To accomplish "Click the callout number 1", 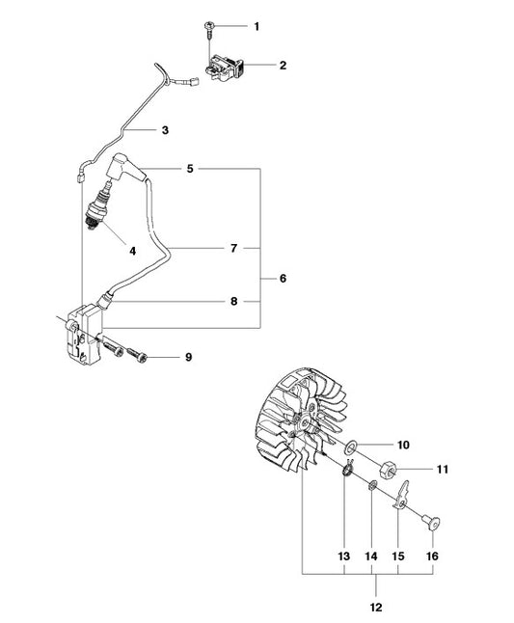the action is tap(257, 27).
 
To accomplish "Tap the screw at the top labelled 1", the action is tap(209, 30).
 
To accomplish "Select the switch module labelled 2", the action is tap(224, 68).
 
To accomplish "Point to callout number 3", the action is tap(165, 130).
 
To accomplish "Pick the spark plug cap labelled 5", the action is tap(126, 166).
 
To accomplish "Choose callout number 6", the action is tap(283, 278).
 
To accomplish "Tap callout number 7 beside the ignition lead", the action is tap(233, 248).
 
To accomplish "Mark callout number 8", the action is tap(234, 301).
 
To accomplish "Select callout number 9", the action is tap(189, 357).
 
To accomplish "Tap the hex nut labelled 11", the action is tap(388, 470).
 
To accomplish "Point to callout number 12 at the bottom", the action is tap(375, 608).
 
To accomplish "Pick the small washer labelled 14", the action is tap(372, 485).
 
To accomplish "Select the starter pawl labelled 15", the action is tap(401, 495).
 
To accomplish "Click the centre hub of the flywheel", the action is tap(306, 422).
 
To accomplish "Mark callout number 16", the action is tap(432, 555).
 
